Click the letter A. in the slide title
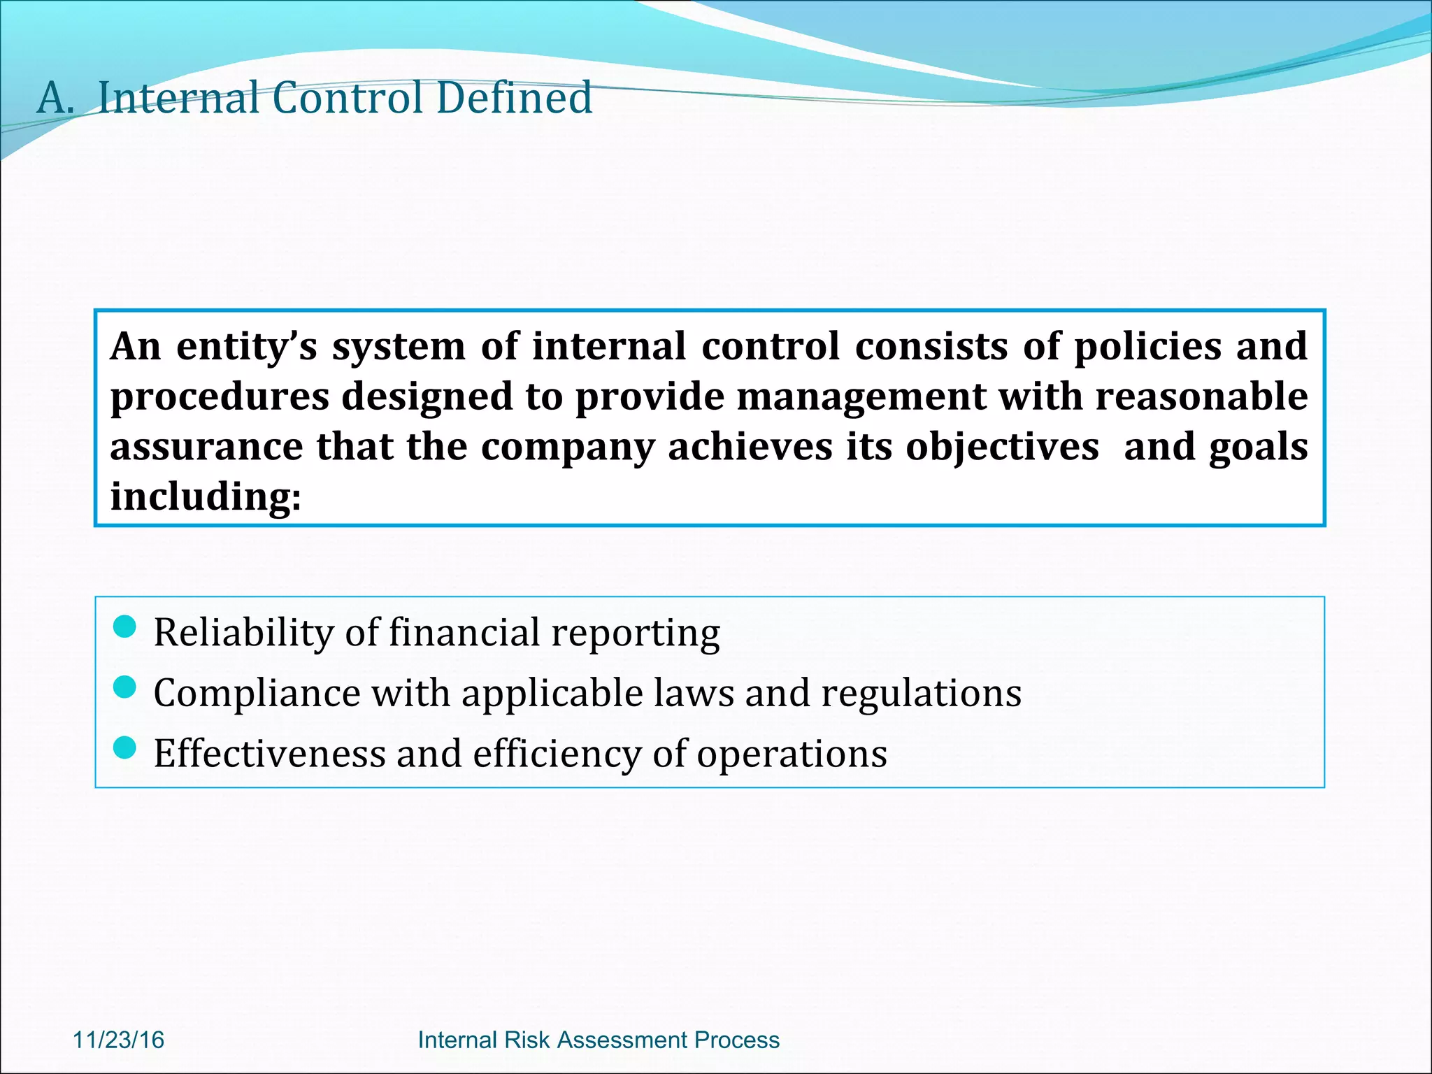coord(55,98)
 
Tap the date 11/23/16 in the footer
coord(118,1040)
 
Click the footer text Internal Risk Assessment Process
coord(599,1040)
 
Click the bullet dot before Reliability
coord(124,626)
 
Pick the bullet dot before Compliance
coord(124,687)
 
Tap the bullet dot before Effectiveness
coord(124,748)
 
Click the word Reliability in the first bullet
coord(243,633)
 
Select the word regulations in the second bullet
coord(921,694)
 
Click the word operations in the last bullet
coord(792,754)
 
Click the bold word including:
coord(206,496)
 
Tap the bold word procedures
coord(220,396)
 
